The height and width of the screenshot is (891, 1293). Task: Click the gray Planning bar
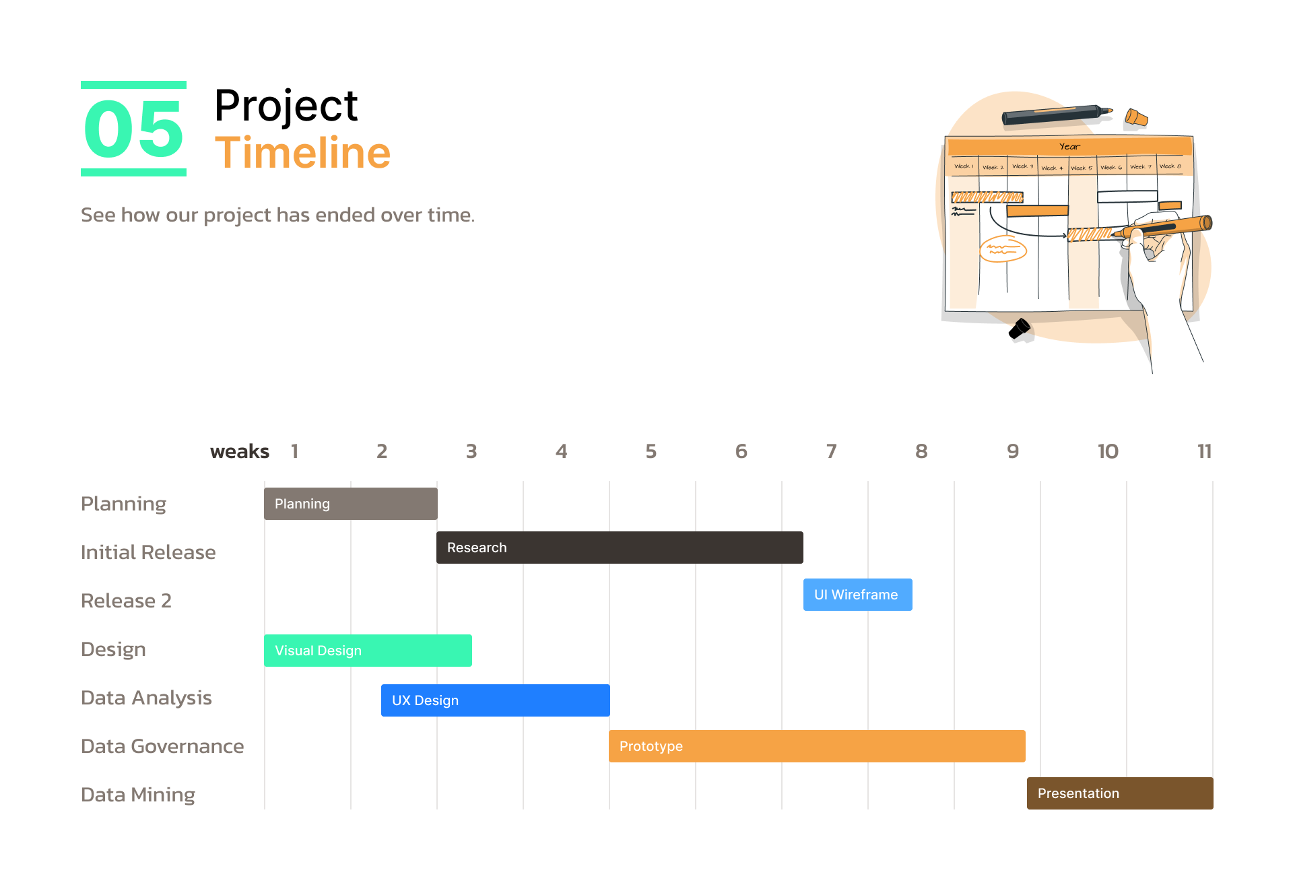pyautogui.click(x=351, y=504)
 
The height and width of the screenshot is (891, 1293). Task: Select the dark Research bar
pyautogui.click(x=620, y=548)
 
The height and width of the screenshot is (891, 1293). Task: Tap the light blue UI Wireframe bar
pyautogui.click(x=858, y=595)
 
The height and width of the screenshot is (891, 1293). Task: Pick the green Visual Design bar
pyautogui.click(x=368, y=651)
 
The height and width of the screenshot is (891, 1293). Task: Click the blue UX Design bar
pyautogui.click(x=496, y=700)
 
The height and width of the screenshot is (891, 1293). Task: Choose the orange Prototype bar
pyautogui.click(x=817, y=746)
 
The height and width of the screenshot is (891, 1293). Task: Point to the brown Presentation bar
pyautogui.click(x=1120, y=793)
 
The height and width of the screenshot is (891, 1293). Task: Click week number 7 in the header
pyautogui.click(x=832, y=451)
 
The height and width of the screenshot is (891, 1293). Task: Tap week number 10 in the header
pyautogui.click(x=1108, y=451)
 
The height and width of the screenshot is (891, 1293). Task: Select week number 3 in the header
pyautogui.click(x=471, y=451)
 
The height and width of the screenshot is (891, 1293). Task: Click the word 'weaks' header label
pyautogui.click(x=240, y=451)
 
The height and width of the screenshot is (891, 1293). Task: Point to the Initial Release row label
pyautogui.click(x=148, y=552)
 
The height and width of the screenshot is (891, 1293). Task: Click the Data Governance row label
pyautogui.click(x=162, y=746)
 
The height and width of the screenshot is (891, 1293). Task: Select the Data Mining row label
pyautogui.click(x=138, y=795)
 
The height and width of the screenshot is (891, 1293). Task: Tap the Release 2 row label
pyautogui.click(x=127, y=601)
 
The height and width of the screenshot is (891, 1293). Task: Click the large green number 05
pyautogui.click(x=133, y=129)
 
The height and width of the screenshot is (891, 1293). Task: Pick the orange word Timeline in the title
pyautogui.click(x=302, y=153)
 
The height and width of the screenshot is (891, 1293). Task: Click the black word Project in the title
pyautogui.click(x=286, y=106)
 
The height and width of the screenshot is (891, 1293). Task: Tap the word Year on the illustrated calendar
pyautogui.click(x=1069, y=146)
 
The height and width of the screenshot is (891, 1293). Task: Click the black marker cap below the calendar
pyautogui.click(x=1020, y=329)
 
